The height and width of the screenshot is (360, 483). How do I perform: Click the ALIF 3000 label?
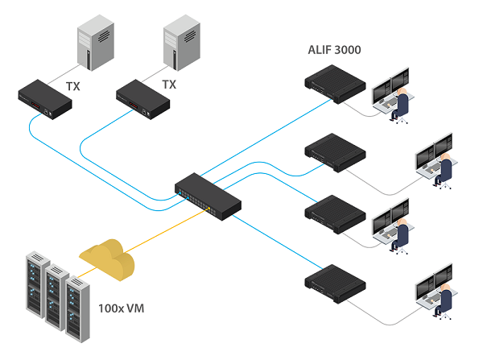[x=334, y=50]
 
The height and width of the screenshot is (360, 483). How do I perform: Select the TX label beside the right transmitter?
[x=169, y=84]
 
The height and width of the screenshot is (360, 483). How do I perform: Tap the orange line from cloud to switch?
[x=169, y=231]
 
